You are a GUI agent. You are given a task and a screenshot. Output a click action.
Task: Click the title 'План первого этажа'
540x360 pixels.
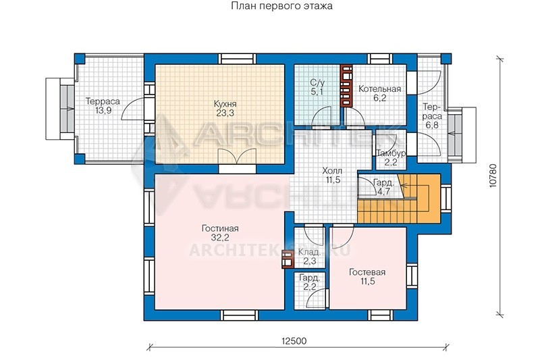281,6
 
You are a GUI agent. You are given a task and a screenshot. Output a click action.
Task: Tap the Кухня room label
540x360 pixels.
225,104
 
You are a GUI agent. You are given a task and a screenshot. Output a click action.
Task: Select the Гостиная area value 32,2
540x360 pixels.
220,237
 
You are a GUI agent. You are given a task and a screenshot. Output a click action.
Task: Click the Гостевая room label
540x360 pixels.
367,272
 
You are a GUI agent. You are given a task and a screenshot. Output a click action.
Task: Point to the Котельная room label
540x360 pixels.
379,89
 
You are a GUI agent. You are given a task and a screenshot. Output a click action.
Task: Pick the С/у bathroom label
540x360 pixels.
317,82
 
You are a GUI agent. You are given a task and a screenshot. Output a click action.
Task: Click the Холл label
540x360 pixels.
332,171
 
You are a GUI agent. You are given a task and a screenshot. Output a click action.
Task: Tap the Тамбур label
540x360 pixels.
391,153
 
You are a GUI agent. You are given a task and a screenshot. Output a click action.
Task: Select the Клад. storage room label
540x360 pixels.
309,252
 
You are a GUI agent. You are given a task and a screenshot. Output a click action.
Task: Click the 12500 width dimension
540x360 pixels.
294,341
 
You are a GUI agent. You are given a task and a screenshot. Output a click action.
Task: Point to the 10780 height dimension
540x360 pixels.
493,176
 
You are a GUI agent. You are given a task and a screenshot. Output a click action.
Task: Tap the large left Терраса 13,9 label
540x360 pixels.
103,106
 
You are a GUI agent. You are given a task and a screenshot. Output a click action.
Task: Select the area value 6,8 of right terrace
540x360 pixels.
432,125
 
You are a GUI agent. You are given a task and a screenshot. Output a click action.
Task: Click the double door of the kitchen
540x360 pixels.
238,157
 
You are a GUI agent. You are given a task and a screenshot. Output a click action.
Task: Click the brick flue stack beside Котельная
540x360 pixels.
346,86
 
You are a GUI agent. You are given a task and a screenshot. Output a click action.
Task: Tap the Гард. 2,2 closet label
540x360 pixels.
310,282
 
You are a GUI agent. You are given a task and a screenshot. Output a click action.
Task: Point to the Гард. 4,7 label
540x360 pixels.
383,187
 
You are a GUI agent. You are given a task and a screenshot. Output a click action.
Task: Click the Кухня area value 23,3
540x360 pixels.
225,113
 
